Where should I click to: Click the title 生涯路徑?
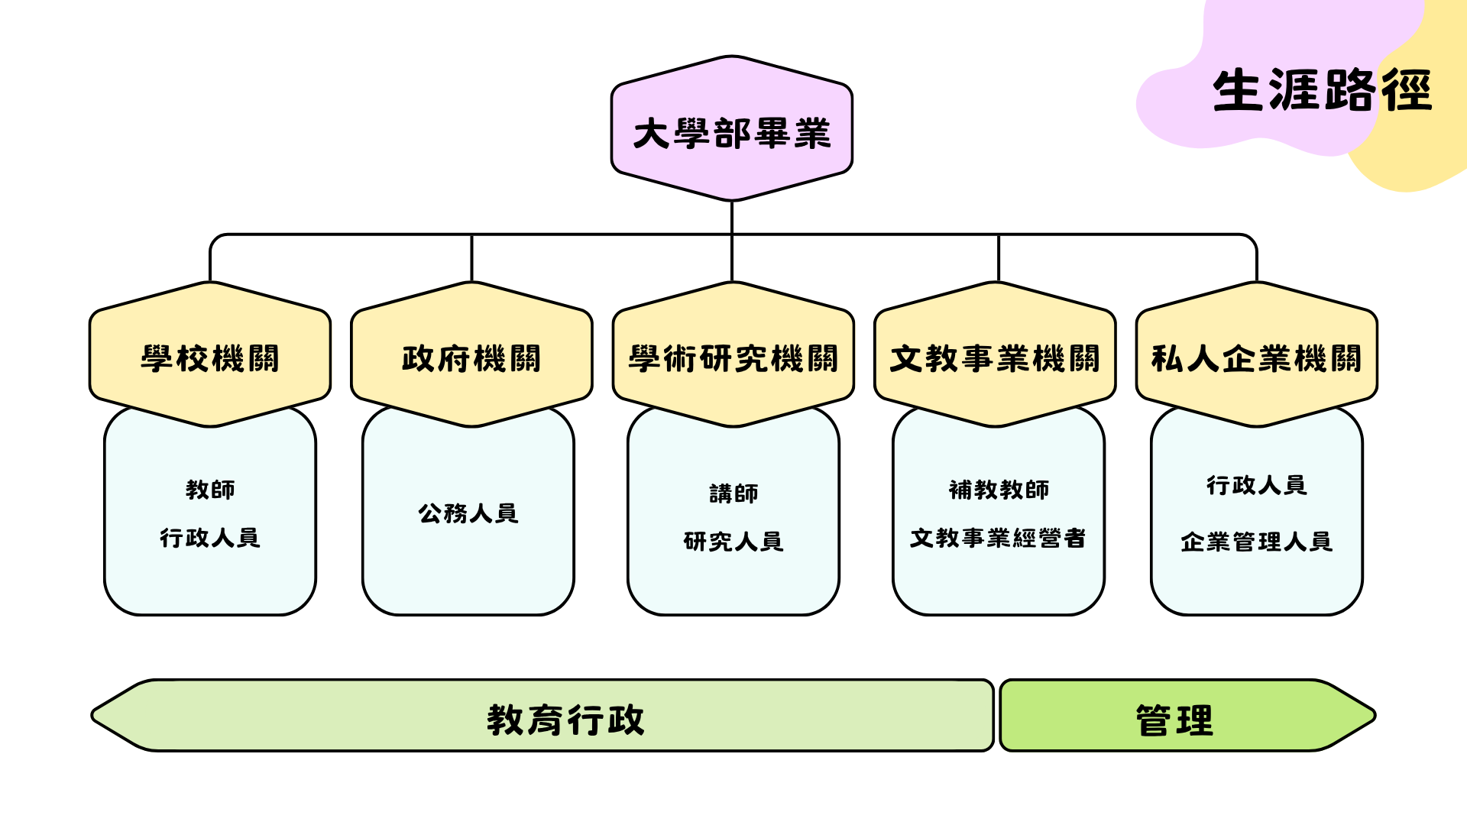pos(1321,90)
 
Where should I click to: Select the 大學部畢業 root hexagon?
pos(732,131)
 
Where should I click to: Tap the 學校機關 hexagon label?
pos(210,357)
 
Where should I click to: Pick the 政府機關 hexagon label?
pos(471,357)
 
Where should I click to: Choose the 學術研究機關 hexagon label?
pos(733,357)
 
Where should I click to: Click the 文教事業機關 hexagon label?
pos(995,357)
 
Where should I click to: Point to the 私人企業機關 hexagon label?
pos(1257,357)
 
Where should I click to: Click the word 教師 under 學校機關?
pos(210,489)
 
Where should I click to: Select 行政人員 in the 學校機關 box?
pos(210,538)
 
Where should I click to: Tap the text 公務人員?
pos(468,513)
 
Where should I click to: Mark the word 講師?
pos(733,493)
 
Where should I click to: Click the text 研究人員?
pos(733,542)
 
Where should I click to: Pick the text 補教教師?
pos(999,489)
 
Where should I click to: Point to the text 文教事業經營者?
pos(998,538)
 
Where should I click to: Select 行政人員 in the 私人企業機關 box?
pos(1257,485)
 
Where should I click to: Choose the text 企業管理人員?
pos(1257,542)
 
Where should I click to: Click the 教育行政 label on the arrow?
pos(565,720)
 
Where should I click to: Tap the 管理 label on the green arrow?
pos(1174,720)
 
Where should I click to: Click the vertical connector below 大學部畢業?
pos(732,218)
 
